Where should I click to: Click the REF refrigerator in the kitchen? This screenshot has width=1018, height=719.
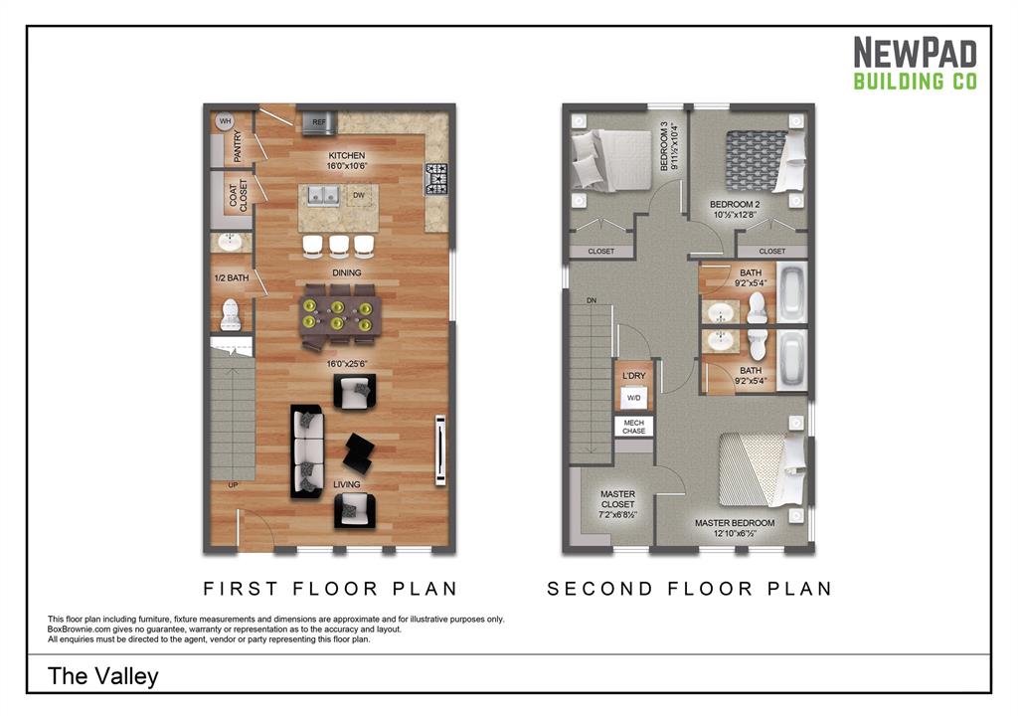[x=319, y=122]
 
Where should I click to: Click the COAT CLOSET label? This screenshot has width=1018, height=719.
[x=238, y=197]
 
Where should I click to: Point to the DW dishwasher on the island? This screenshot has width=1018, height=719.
[x=355, y=196]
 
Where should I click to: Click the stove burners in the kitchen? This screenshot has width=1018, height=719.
[x=436, y=179]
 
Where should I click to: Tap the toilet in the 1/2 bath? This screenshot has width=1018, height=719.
[x=231, y=314]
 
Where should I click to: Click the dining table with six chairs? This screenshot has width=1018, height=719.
[x=338, y=314]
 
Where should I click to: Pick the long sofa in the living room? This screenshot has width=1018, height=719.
[x=308, y=451]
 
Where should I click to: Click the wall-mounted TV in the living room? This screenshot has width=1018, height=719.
[x=440, y=449]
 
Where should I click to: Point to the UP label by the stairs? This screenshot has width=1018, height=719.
[x=234, y=485]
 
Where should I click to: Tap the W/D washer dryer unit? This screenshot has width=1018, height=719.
[x=633, y=398]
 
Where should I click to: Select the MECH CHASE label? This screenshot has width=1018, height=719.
[x=633, y=427]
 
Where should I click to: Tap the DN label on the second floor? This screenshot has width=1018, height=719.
[x=592, y=299]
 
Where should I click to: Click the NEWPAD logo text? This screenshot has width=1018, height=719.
[x=915, y=53]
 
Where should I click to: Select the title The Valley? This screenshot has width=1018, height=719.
[x=103, y=677]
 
